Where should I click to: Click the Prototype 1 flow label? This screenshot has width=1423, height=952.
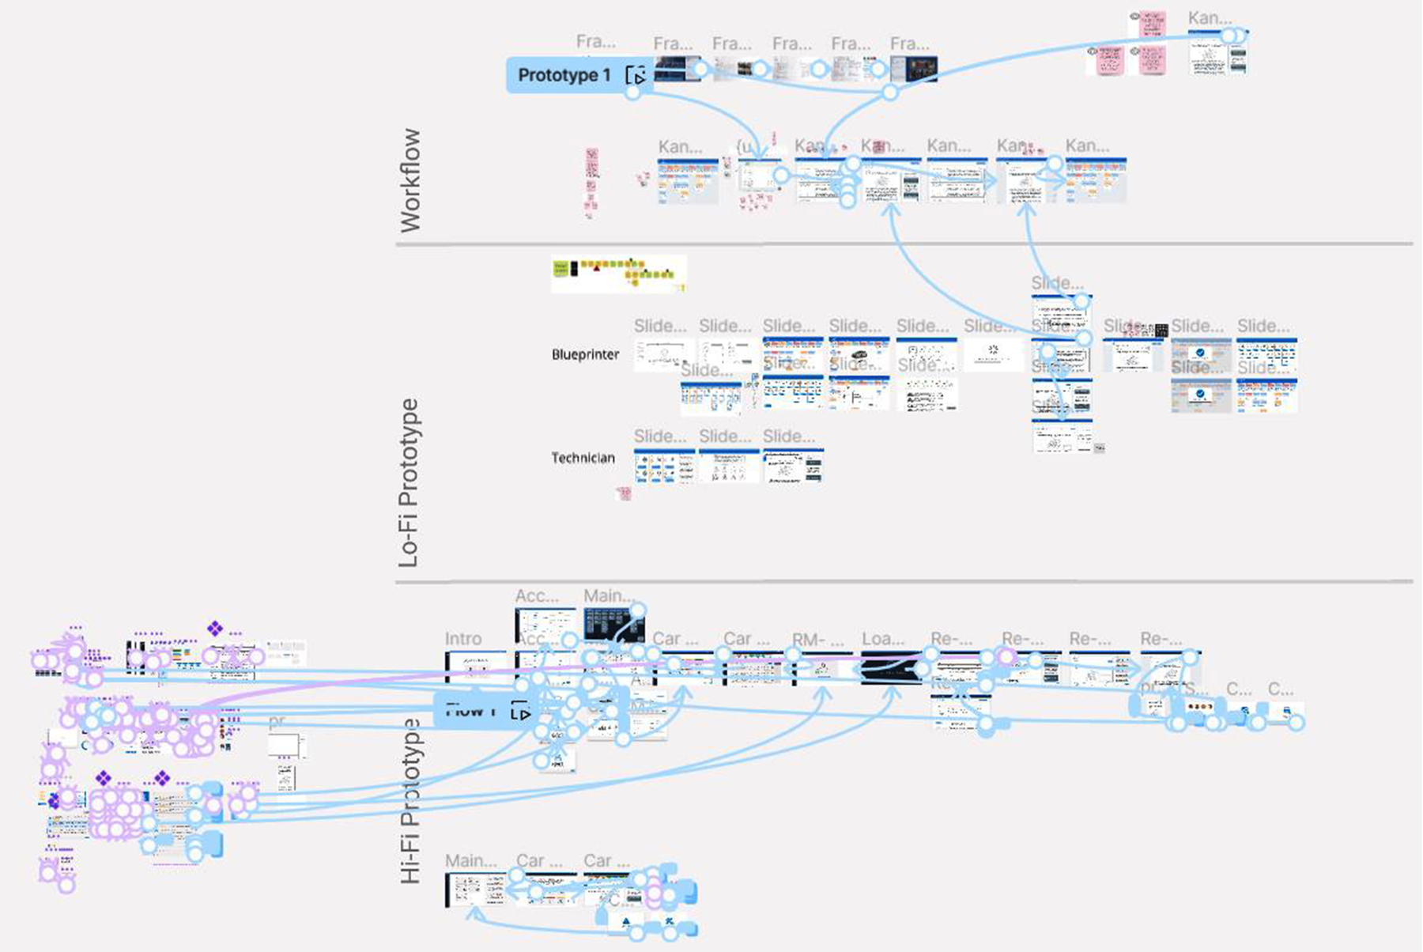click(x=564, y=75)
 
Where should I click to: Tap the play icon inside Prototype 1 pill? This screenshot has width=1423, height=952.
click(x=636, y=76)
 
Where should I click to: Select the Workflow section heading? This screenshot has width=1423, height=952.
click(x=410, y=180)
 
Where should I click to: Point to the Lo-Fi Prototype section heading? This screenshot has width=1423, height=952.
click(x=409, y=482)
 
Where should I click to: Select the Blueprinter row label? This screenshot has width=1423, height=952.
click(x=585, y=354)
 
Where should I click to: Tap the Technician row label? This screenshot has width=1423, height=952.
click(x=583, y=458)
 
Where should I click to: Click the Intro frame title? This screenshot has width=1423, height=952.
click(x=462, y=639)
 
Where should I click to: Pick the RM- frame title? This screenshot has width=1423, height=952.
click(x=817, y=640)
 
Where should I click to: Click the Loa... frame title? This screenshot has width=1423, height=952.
click(x=882, y=639)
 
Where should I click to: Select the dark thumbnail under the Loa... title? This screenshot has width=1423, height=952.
click(x=890, y=667)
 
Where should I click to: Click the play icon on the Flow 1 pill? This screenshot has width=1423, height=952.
click(x=520, y=711)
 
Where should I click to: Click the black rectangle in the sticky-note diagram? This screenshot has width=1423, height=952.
click(x=574, y=269)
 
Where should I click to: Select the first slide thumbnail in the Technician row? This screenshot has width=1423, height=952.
click(x=664, y=467)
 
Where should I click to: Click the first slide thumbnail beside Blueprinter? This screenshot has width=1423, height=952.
click(x=664, y=353)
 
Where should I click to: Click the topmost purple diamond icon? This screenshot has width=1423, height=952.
click(x=214, y=629)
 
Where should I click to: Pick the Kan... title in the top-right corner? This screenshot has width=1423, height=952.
click(x=1209, y=18)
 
